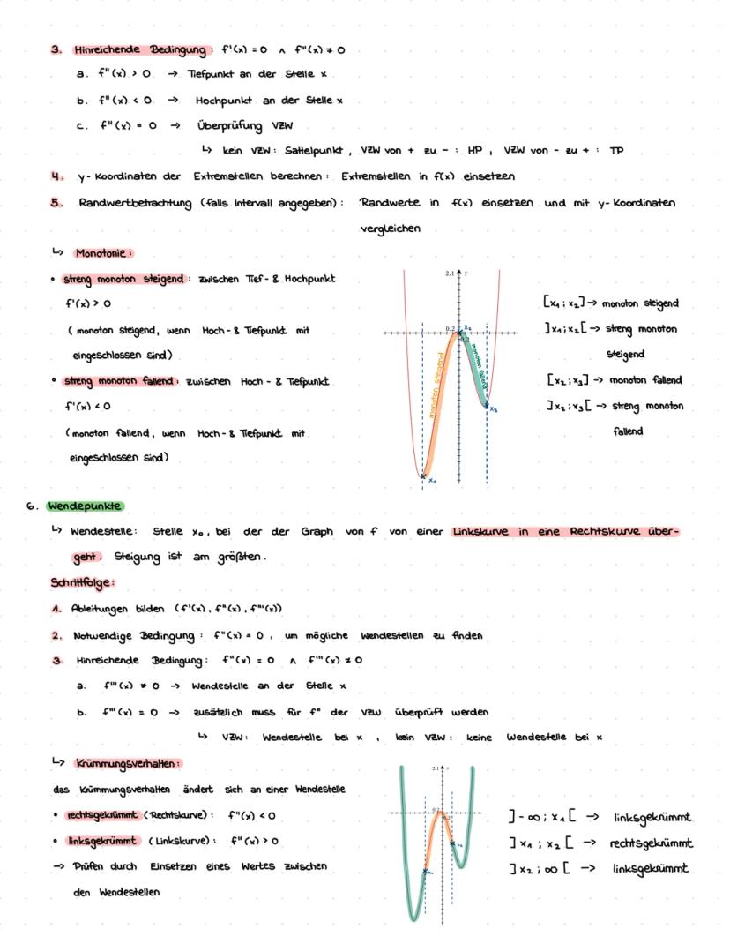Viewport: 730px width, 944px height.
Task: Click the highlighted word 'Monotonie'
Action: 104,252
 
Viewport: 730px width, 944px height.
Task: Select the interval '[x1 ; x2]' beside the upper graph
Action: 566,303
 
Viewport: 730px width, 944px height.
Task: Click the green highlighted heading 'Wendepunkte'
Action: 86,506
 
